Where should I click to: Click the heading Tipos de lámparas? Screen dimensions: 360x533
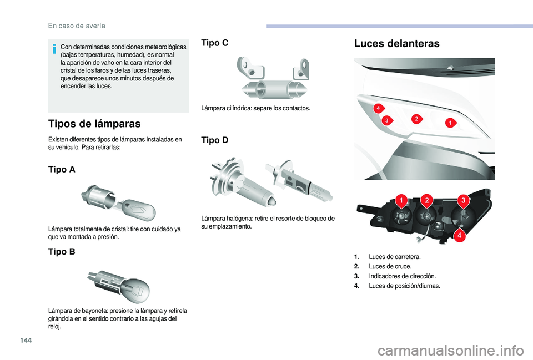point(94,123)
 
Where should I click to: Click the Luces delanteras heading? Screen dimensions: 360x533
point(396,43)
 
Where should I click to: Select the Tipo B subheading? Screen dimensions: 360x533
point(62,251)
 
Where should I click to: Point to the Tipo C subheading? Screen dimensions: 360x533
point(214,43)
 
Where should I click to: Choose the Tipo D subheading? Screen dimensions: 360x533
point(214,140)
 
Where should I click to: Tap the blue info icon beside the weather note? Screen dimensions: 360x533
point(54,50)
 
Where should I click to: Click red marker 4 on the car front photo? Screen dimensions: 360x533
point(376,107)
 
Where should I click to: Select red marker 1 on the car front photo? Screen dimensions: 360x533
point(450,121)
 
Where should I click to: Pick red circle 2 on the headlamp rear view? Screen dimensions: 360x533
point(426,199)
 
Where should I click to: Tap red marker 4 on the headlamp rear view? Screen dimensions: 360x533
point(460,236)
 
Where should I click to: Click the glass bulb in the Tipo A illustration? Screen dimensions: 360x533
point(138,209)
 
